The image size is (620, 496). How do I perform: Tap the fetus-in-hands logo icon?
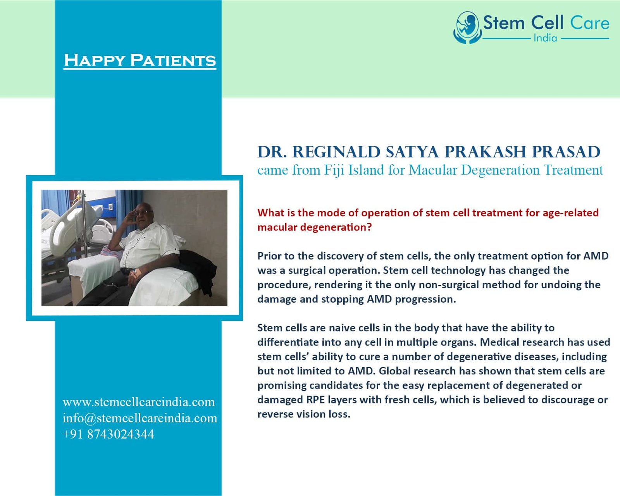pyautogui.click(x=467, y=28)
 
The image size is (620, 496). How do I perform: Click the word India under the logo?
pyautogui.click(x=545, y=38)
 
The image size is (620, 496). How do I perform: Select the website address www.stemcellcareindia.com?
pyautogui.click(x=139, y=402)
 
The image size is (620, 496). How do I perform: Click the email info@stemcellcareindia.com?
pyautogui.click(x=140, y=418)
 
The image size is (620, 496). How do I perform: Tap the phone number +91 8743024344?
pyautogui.click(x=108, y=434)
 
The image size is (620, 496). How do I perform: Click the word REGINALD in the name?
pyautogui.click(x=336, y=152)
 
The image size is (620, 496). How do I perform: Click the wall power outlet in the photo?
pyautogui.click(x=110, y=207)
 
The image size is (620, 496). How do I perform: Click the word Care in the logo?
pyautogui.click(x=590, y=23)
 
